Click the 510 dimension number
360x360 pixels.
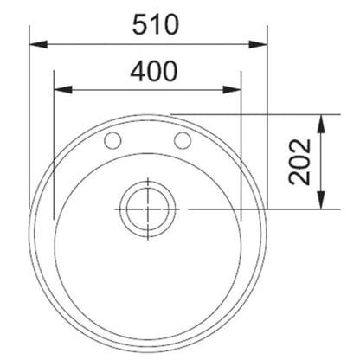(x=156, y=24)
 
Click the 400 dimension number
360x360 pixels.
(x=153, y=71)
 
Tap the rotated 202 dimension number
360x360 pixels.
(x=300, y=162)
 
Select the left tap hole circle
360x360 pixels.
(x=112, y=140)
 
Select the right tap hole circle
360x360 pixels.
(x=183, y=140)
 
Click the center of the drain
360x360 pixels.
(x=148, y=209)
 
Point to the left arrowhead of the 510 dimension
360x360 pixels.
(x=38, y=44)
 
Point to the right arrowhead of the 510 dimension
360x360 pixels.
(x=258, y=44)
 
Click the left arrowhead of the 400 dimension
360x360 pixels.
(x=63, y=89)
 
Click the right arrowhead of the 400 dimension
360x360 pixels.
(x=232, y=89)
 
